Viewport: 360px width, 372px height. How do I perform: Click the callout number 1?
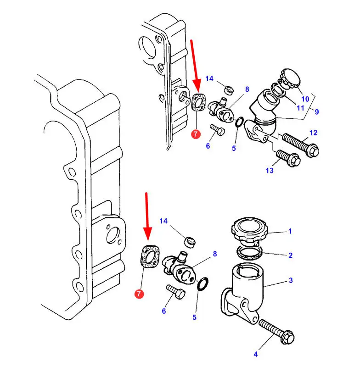290,231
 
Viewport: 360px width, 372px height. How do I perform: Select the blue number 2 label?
290,255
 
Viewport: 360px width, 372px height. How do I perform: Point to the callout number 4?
255,354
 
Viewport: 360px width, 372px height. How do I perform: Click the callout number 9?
316,111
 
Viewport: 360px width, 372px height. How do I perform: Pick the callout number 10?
305,99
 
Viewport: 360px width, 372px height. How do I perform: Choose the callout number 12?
314,133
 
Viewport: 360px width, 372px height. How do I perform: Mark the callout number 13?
270,170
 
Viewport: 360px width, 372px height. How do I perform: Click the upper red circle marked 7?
196,134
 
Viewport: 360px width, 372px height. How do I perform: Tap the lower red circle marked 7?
139,294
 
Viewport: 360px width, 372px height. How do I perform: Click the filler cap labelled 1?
249,231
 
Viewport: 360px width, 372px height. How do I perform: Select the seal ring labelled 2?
250,253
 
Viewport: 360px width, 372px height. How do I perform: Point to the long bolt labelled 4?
276,332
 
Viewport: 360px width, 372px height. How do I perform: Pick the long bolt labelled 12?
300,145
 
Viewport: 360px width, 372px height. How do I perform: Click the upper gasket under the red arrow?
198,102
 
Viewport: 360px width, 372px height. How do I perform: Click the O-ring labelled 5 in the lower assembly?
203,283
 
